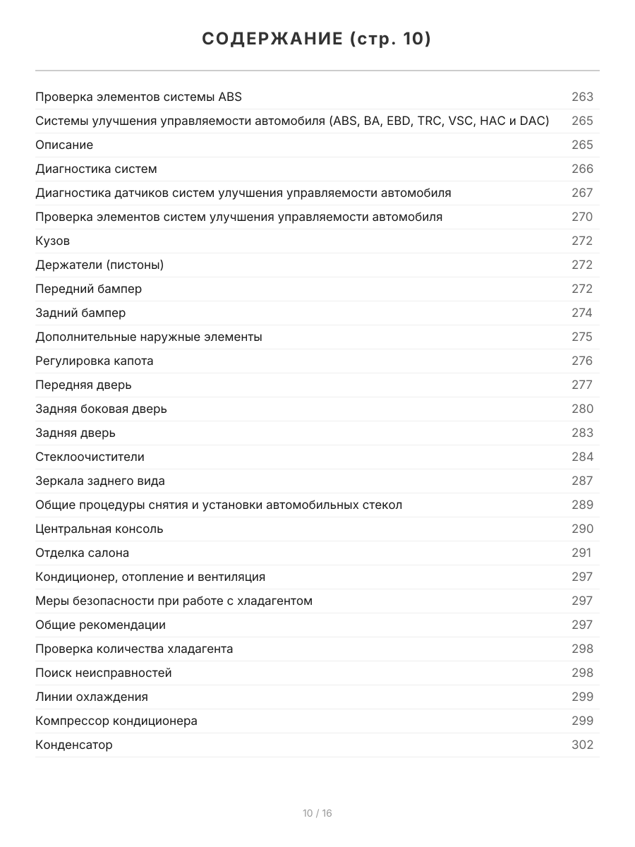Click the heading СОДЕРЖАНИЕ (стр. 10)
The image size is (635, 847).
[317, 40]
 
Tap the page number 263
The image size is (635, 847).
[582, 97]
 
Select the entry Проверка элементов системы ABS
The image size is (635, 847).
[138, 97]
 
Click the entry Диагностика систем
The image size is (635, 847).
[96, 169]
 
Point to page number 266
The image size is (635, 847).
[582, 169]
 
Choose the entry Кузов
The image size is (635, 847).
[53, 241]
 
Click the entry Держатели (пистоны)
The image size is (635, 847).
[99, 265]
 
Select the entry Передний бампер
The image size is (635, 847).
[88, 289]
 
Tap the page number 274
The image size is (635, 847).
[582, 313]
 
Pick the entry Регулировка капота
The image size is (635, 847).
[94, 361]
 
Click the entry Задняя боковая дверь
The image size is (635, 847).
[101, 409]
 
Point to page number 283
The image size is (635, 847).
[582, 433]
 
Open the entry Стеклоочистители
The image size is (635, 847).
[90, 457]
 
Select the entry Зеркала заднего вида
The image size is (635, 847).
[100, 481]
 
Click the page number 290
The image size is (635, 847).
[582, 529]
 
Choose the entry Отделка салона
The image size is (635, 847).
[82, 553]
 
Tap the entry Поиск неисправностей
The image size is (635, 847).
[103, 673]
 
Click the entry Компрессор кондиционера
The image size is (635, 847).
[116, 721]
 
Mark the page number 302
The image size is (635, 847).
[582, 745]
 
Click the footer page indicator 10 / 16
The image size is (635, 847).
[317, 813]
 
